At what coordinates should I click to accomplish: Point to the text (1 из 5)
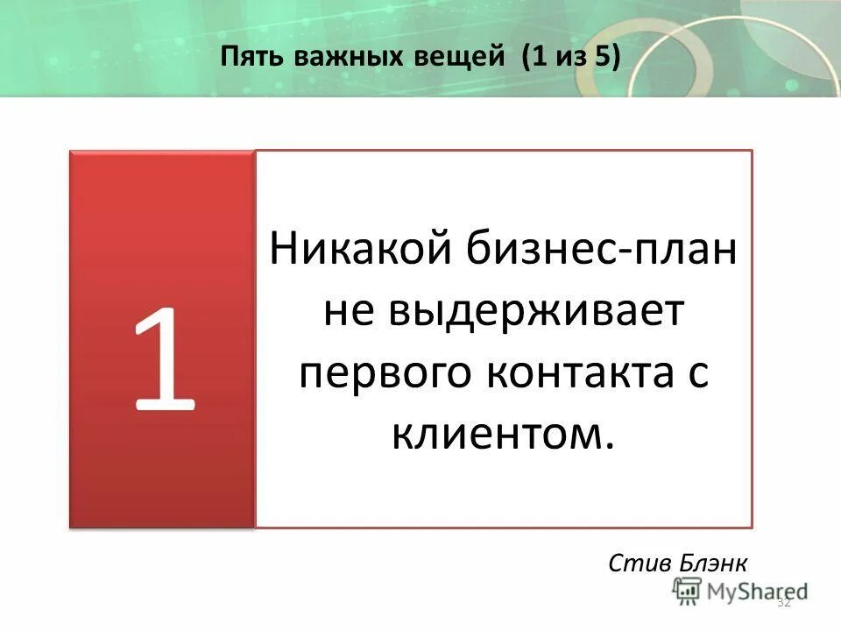[570, 58]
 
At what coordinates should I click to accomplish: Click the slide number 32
[784, 602]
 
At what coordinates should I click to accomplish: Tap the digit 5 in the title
[604, 58]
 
